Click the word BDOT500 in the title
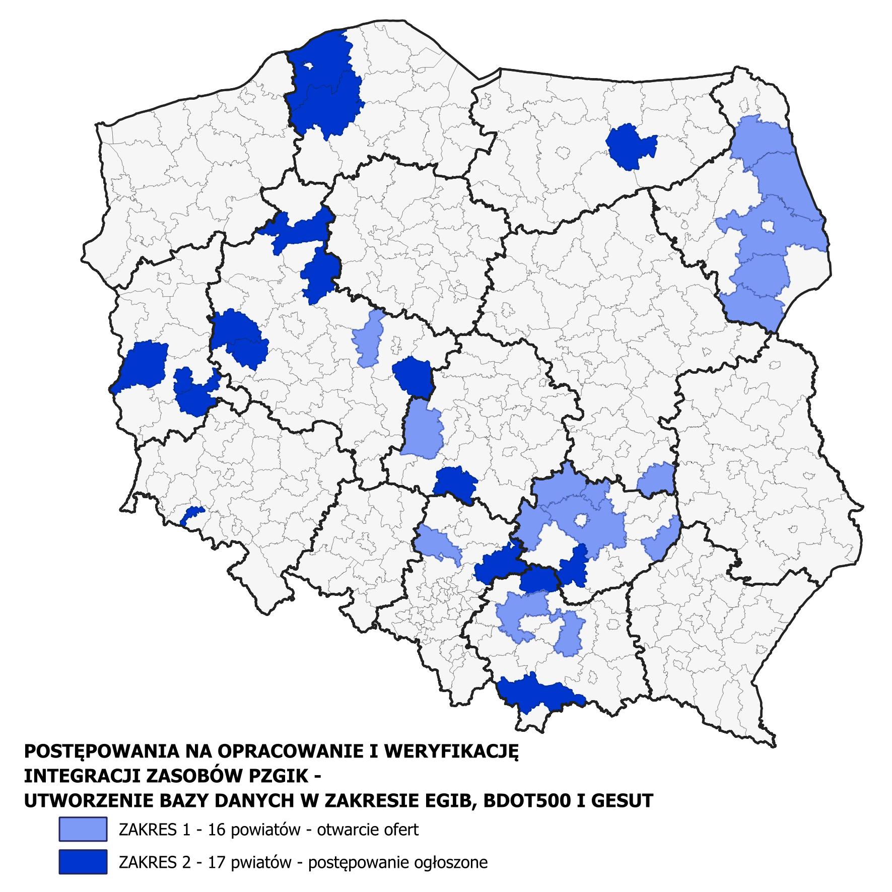[535, 800]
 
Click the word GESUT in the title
[625, 800]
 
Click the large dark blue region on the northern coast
[325, 86]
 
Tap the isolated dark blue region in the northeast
[630, 147]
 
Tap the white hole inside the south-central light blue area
[581, 520]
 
